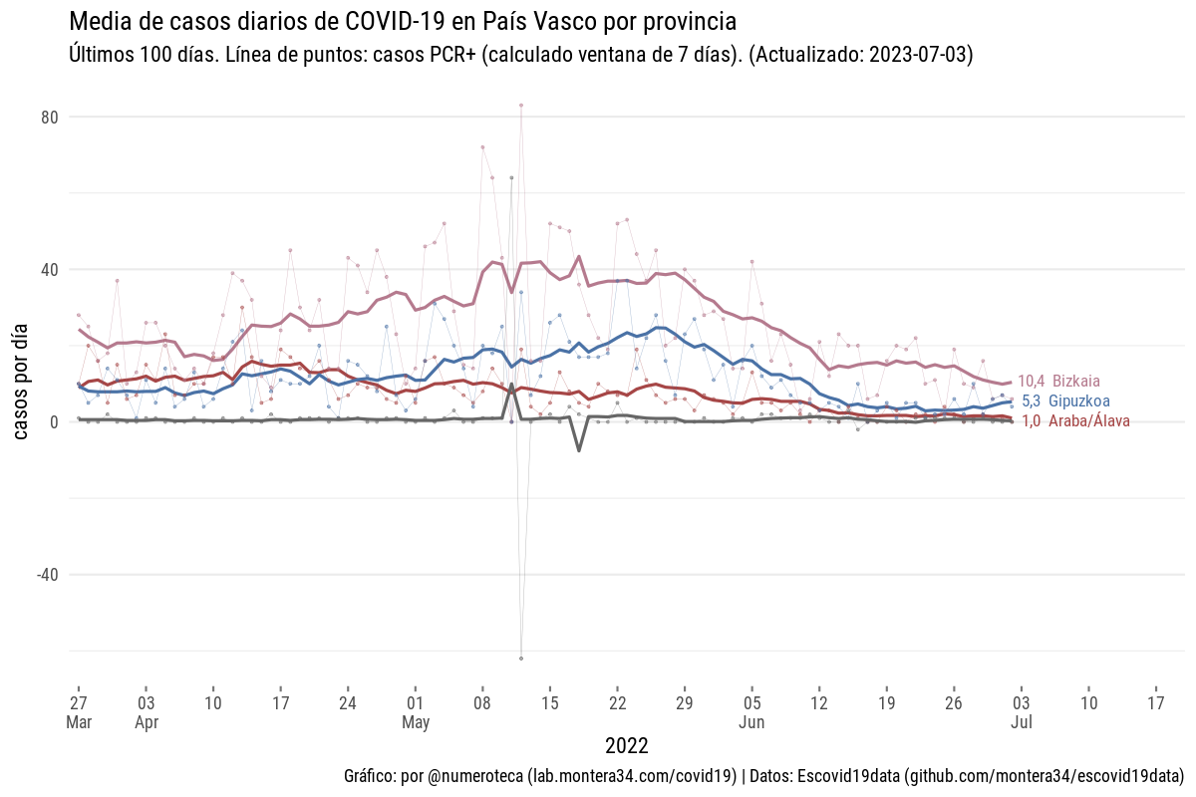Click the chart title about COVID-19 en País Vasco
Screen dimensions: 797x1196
click(403, 21)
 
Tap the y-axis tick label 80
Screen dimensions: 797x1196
click(50, 118)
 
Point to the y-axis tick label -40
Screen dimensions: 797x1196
click(47, 575)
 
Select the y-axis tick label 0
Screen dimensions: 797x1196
click(55, 422)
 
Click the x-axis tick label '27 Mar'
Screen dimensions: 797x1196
click(79, 711)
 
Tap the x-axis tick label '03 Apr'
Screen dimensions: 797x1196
click(146, 711)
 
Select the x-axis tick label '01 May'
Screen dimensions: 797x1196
click(416, 711)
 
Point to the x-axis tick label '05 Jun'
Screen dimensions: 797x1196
click(752, 711)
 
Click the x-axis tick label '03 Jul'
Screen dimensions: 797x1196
click(1021, 711)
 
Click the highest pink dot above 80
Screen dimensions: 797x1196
click(521, 105)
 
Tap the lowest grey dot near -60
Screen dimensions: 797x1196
click(521, 659)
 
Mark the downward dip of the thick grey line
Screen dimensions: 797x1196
click(579, 450)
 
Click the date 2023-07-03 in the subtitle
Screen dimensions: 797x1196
click(920, 55)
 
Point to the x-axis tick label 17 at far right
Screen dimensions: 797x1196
click(1156, 701)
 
